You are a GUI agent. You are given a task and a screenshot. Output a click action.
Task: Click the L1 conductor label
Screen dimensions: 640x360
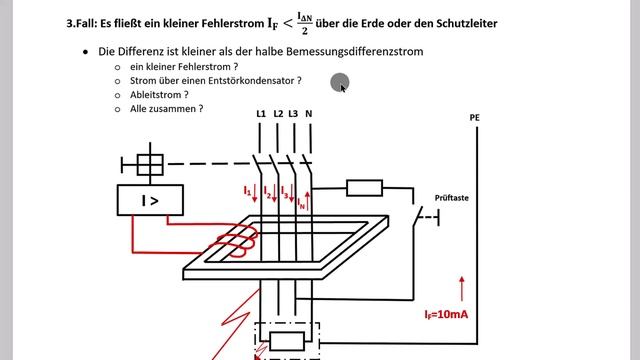260,114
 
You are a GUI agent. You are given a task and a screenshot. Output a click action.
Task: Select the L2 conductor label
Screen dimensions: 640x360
278,114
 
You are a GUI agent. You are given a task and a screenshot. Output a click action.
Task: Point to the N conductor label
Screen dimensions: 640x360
309,114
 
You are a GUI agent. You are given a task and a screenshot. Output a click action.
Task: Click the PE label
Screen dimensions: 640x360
475,118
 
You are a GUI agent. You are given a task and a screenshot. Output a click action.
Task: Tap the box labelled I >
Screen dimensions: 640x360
149,200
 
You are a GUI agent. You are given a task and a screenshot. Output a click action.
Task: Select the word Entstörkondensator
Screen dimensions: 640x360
250,79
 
